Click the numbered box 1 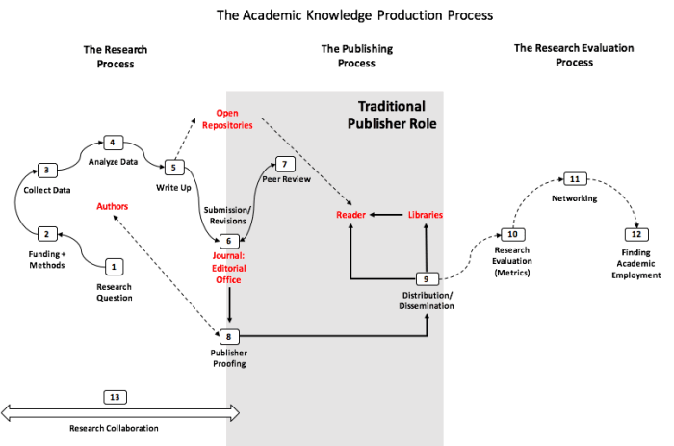(x=115, y=265)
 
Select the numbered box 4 (x=112, y=143)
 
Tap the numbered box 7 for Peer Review (x=283, y=164)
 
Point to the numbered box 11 (x=574, y=179)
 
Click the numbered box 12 (x=635, y=234)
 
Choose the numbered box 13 (x=116, y=396)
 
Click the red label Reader (x=348, y=215)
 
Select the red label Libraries (x=425, y=215)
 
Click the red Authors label (x=112, y=206)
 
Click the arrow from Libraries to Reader (x=386, y=215)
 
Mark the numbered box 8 (x=228, y=336)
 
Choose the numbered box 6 (x=228, y=240)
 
